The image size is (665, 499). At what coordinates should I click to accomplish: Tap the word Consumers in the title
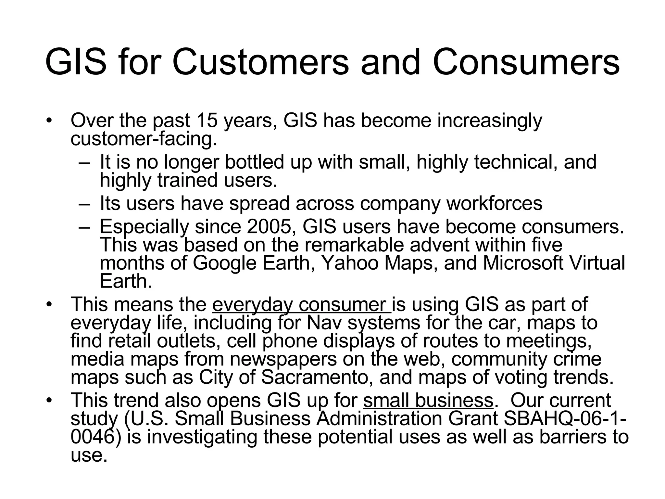point(526,62)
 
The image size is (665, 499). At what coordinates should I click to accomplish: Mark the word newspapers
point(283,359)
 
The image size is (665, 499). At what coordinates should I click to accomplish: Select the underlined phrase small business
point(428,400)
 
